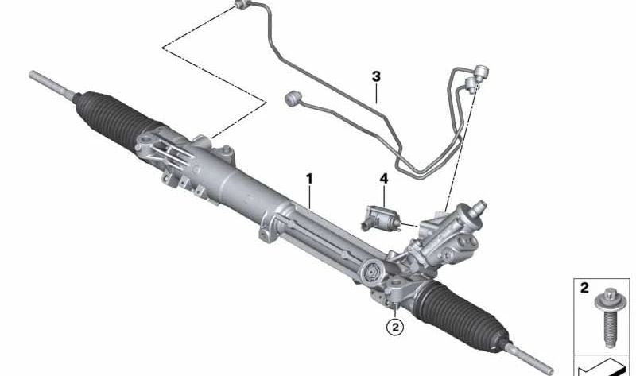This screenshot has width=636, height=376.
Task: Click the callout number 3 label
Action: (376, 76)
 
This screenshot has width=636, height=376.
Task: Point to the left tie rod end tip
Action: (36, 76)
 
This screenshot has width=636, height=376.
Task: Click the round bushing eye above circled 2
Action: (370, 276)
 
